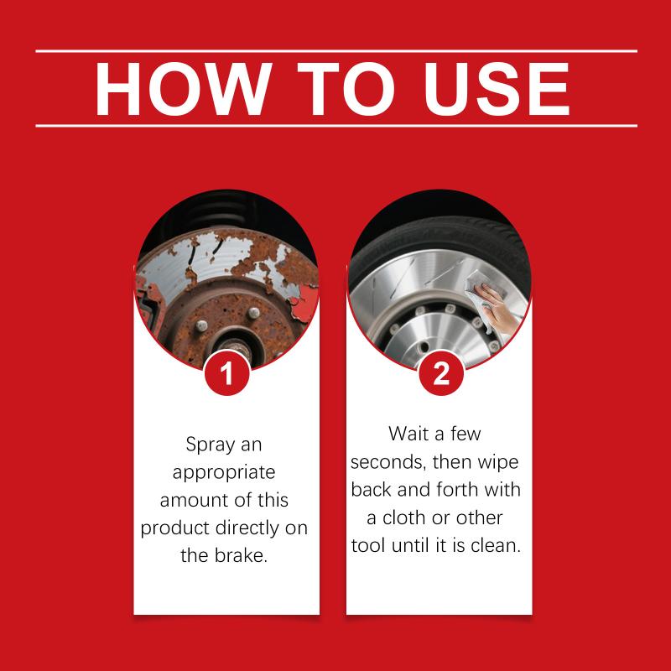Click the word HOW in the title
click(x=183, y=89)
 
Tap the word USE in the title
click(x=497, y=89)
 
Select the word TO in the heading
click(x=346, y=89)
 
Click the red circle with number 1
click(x=226, y=373)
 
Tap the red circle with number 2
click(x=441, y=373)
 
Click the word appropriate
click(x=224, y=473)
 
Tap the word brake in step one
click(x=240, y=555)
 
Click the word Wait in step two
click(x=409, y=434)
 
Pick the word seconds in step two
click(x=388, y=462)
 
